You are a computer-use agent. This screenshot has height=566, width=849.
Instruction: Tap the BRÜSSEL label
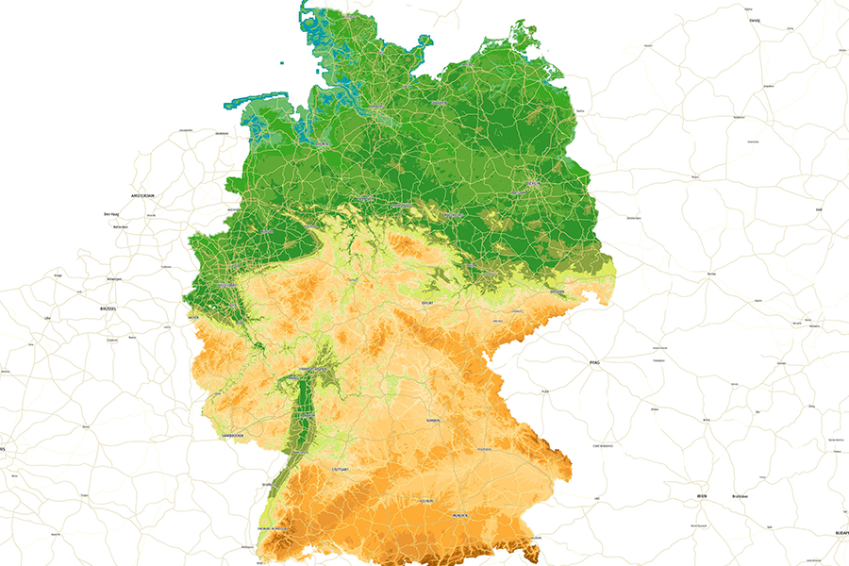tap(108, 308)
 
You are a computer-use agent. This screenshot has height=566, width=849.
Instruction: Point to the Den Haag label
tap(111, 214)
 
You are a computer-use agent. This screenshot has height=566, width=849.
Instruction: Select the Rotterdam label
tap(119, 227)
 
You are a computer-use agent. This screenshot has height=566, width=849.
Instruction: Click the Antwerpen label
tap(116, 279)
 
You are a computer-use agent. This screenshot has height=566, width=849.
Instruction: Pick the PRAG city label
tap(594, 361)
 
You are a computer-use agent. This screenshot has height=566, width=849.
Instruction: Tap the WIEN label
tap(701, 495)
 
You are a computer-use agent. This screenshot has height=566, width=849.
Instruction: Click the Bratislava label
tap(741, 495)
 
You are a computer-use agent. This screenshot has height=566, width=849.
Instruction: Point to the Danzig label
tap(754, 20)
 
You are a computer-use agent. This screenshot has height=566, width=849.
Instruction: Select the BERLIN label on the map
tap(531, 185)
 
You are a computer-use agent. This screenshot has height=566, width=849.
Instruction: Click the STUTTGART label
tap(341, 468)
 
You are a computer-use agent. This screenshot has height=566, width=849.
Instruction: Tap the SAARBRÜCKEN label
tap(232, 436)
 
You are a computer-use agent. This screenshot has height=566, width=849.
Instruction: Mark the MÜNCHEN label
tap(461, 517)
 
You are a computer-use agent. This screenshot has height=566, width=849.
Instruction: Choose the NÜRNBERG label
tap(432, 421)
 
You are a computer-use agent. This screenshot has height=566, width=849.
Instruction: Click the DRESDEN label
tap(557, 291)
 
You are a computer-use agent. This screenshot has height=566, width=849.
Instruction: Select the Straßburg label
tap(267, 484)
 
